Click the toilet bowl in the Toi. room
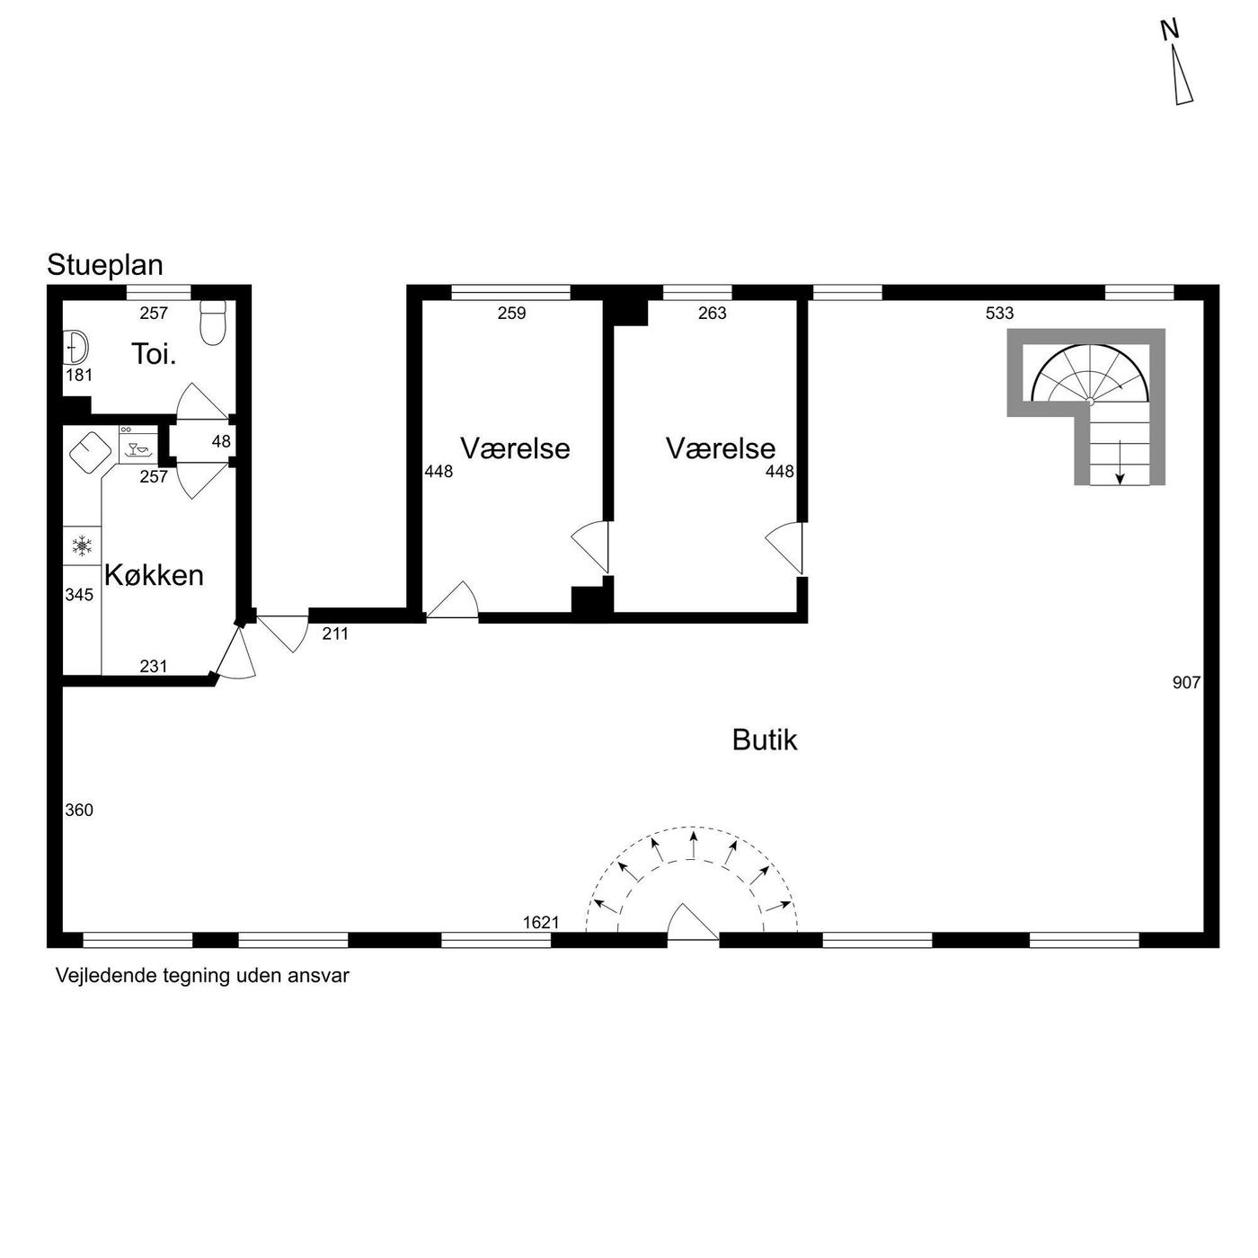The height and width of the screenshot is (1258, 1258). click(213, 322)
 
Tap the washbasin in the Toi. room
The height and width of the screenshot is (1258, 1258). click(76, 348)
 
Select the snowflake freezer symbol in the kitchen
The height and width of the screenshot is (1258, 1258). click(82, 545)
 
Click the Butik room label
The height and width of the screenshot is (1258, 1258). click(765, 740)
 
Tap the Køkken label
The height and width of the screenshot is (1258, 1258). click(154, 576)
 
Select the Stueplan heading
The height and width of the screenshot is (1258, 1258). click(104, 266)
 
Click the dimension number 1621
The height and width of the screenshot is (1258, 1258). click(541, 923)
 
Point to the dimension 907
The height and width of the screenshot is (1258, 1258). click(1186, 682)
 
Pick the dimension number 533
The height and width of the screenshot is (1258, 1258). click(999, 314)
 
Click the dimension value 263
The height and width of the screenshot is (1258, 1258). click(713, 314)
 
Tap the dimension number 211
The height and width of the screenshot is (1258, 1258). click(335, 633)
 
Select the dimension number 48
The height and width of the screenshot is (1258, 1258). click(221, 441)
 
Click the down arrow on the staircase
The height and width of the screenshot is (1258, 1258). click(1121, 462)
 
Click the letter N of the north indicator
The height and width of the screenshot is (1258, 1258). click(1169, 30)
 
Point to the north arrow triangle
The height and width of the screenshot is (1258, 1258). click(1182, 75)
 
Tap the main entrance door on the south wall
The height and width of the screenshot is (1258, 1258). click(693, 922)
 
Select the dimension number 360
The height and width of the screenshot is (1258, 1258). click(79, 811)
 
